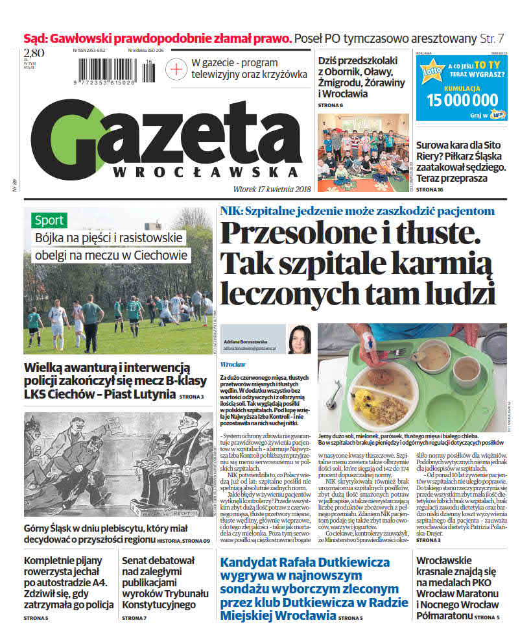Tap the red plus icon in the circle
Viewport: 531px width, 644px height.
click(x=176, y=68)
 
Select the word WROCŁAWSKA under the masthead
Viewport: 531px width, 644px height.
click(x=206, y=172)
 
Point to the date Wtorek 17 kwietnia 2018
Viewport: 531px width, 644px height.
click(x=259, y=189)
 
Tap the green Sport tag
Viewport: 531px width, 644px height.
click(x=49, y=219)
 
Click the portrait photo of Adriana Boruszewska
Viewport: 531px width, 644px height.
click(x=299, y=339)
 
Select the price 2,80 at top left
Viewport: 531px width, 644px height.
click(x=34, y=53)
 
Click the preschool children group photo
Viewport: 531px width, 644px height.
click(x=362, y=153)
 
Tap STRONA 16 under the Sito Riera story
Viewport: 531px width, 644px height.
click(x=429, y=189)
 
